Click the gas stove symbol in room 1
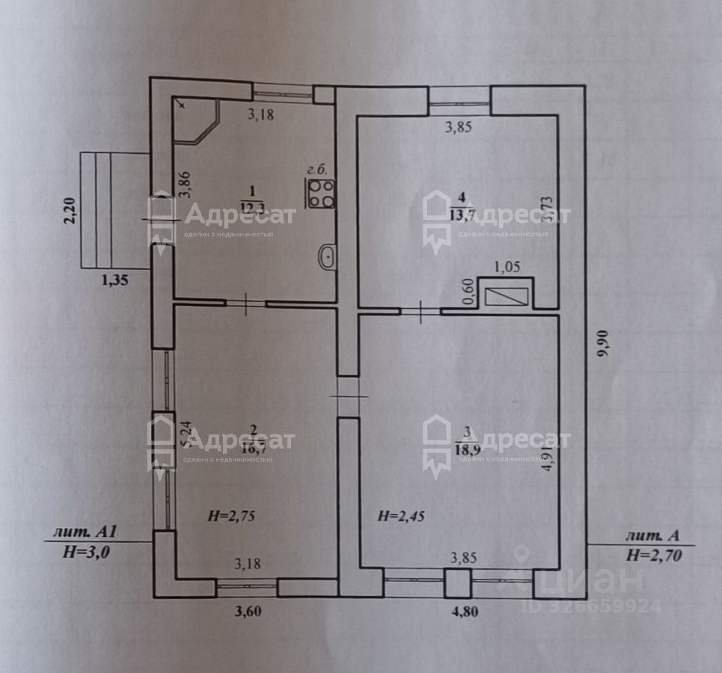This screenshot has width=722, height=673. tap(321, 194)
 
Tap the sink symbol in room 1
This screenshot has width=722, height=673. tap(327, 258)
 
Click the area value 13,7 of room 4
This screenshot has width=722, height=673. tap(461, 216)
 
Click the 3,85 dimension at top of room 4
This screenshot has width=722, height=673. tap(458, 127)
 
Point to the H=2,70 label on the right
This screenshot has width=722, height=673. tap(653, 554)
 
